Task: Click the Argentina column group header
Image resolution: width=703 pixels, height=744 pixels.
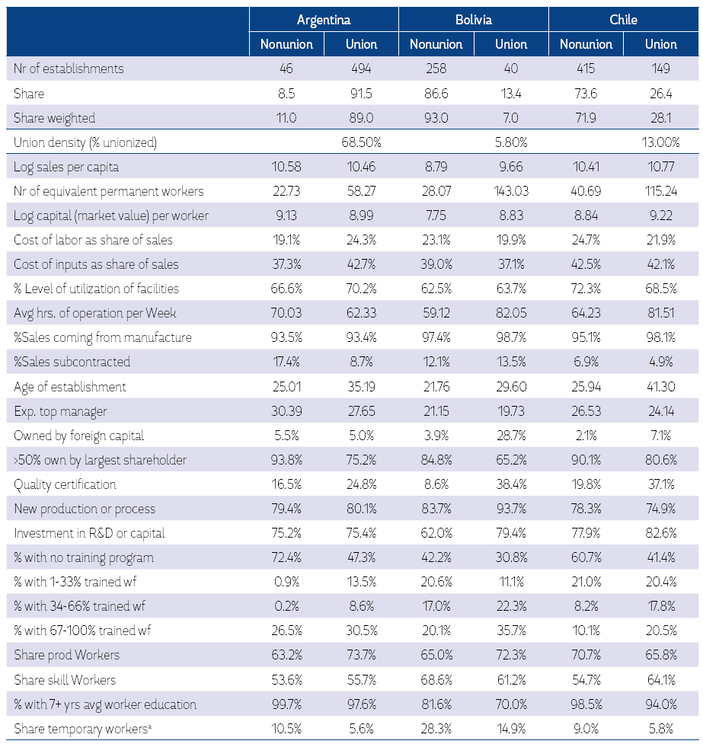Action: [x=324, y=20]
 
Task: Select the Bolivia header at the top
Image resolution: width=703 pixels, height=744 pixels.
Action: [x=473, y=20]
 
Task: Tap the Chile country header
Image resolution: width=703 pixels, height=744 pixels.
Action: [x=623, y=20]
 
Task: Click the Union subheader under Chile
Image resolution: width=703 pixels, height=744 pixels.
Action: [x=660, y=44]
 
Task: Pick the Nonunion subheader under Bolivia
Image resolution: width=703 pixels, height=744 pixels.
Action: [x=436, y=44]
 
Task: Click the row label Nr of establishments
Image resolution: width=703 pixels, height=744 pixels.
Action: [x=69, y=69]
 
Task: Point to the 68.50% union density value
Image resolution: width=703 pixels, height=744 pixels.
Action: [x=361, y=142]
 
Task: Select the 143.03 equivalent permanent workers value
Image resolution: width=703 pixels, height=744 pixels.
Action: [x=511, y=191]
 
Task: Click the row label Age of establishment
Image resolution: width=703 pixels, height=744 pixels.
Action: [x=70, y=387]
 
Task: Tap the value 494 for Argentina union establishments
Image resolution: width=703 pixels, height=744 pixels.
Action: [x=361, y=69]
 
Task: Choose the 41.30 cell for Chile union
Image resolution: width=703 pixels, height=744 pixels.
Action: [x=660, y=387]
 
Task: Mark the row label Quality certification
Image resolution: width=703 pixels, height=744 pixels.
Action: [x=65, y=484]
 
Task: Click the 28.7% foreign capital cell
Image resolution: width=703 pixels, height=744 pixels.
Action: [x=511, y=436]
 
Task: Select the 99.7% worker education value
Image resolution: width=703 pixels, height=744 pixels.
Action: [x=286, y=704]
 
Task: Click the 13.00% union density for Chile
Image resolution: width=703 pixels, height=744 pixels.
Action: [x=660, y=142]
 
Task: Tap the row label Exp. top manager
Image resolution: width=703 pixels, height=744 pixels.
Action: [x=60, y=411]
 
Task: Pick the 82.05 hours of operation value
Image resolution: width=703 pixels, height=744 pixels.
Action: [x=511, y=313]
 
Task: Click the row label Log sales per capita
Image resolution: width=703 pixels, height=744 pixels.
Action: [x=66, y=167]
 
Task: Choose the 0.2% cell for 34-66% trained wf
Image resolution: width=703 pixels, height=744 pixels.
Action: [x=286, y=607]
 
